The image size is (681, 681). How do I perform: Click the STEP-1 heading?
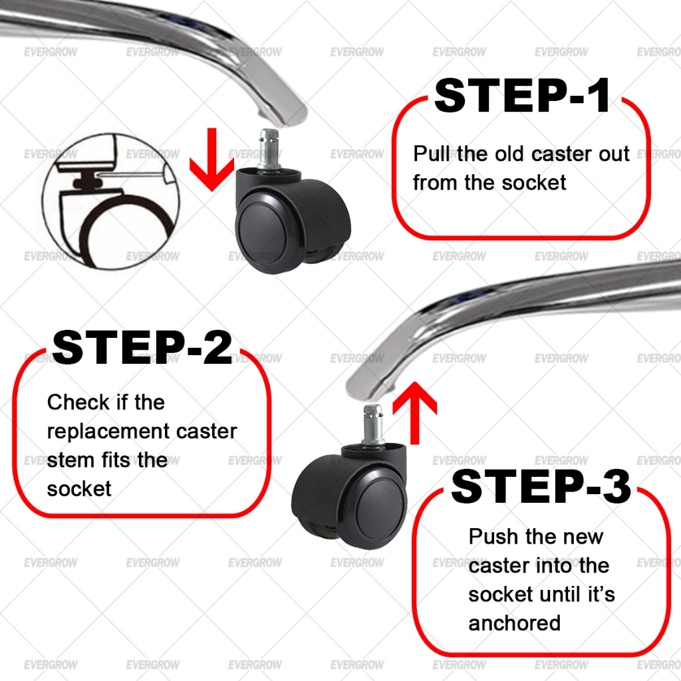point(522,96)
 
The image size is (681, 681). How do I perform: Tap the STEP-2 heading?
point(142,348)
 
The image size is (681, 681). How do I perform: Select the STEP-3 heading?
point(541,486)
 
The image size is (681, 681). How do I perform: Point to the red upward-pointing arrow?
point(414,412)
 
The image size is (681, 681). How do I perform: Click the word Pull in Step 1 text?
point(432,154)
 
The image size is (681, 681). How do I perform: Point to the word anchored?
point(514,623)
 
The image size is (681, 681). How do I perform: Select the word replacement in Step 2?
point(108,432)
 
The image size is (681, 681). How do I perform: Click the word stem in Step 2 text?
point(65,460)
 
